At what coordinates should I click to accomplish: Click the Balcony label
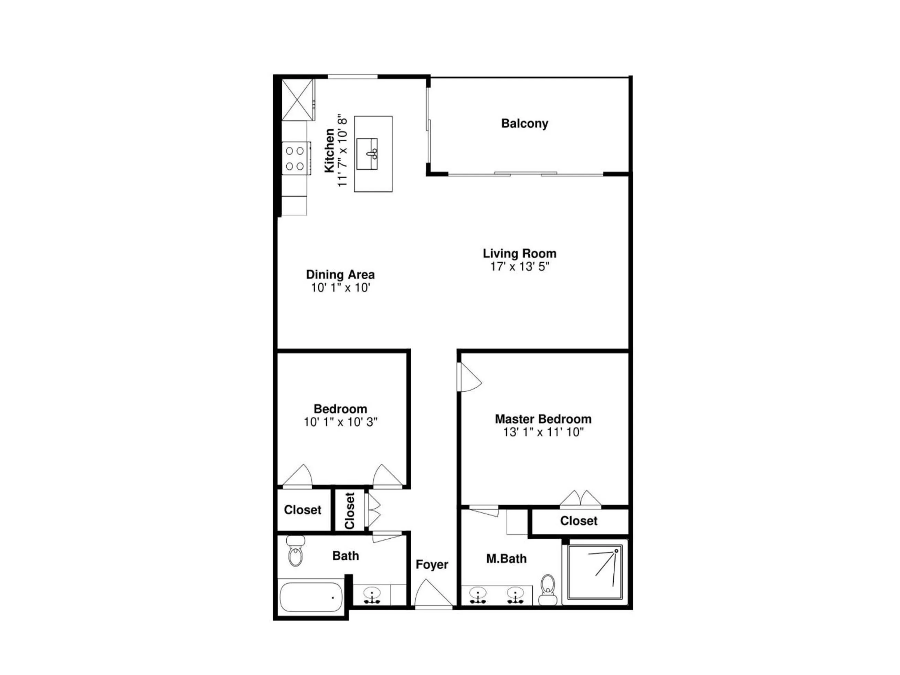point(525,123)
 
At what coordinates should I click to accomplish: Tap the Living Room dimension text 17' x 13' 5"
point(520,267)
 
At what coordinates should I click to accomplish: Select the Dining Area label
point(340,274)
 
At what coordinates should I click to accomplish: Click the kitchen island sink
point(367,154)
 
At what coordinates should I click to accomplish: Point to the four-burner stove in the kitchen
point(295,158)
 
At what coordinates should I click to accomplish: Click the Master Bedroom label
point(543,419)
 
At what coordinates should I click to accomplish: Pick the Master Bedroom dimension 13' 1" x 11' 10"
point(543,432)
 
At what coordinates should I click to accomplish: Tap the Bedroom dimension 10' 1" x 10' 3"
point(340,422)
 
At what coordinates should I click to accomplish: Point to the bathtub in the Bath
point(311,597)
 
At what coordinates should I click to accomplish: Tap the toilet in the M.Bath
point(548,590)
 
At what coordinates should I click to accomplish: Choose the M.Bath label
point(506,559)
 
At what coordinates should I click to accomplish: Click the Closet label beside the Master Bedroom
point(579,521)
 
